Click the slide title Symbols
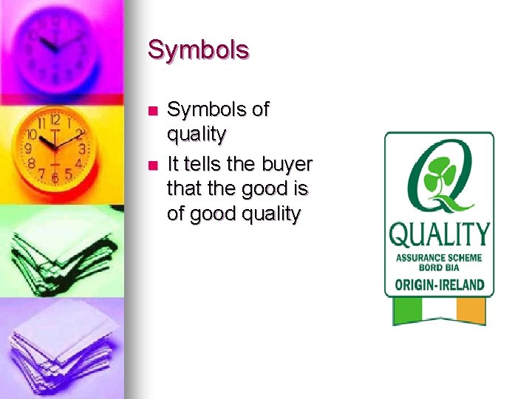[198, 50]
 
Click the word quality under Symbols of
[197, 134]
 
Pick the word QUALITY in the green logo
[439, 235]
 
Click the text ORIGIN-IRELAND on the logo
[439, 284]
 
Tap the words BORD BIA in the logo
[439, 267]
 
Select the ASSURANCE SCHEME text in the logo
[439, 258]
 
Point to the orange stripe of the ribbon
[471, 311]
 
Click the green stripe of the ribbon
[406, 311]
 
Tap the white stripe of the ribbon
[439, 310]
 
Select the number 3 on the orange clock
[81, 149]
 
